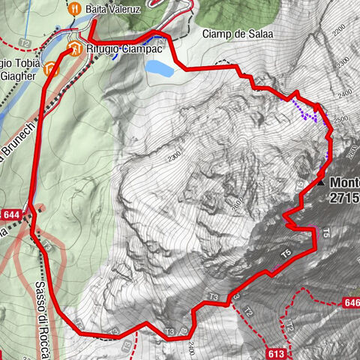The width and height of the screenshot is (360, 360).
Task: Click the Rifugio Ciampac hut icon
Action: [73, 50]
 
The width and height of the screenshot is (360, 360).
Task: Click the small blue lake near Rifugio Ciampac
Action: [160, 69]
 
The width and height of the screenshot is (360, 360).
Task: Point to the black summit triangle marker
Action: [322, 181]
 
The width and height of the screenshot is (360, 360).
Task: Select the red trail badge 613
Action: [275, 352]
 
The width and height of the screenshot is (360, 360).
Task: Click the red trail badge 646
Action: [350, 302]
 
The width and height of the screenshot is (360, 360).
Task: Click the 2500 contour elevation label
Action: [341, 119]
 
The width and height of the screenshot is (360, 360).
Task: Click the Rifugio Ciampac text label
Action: [117, 50]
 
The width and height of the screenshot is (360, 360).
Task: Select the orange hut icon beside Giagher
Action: [50, 69]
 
